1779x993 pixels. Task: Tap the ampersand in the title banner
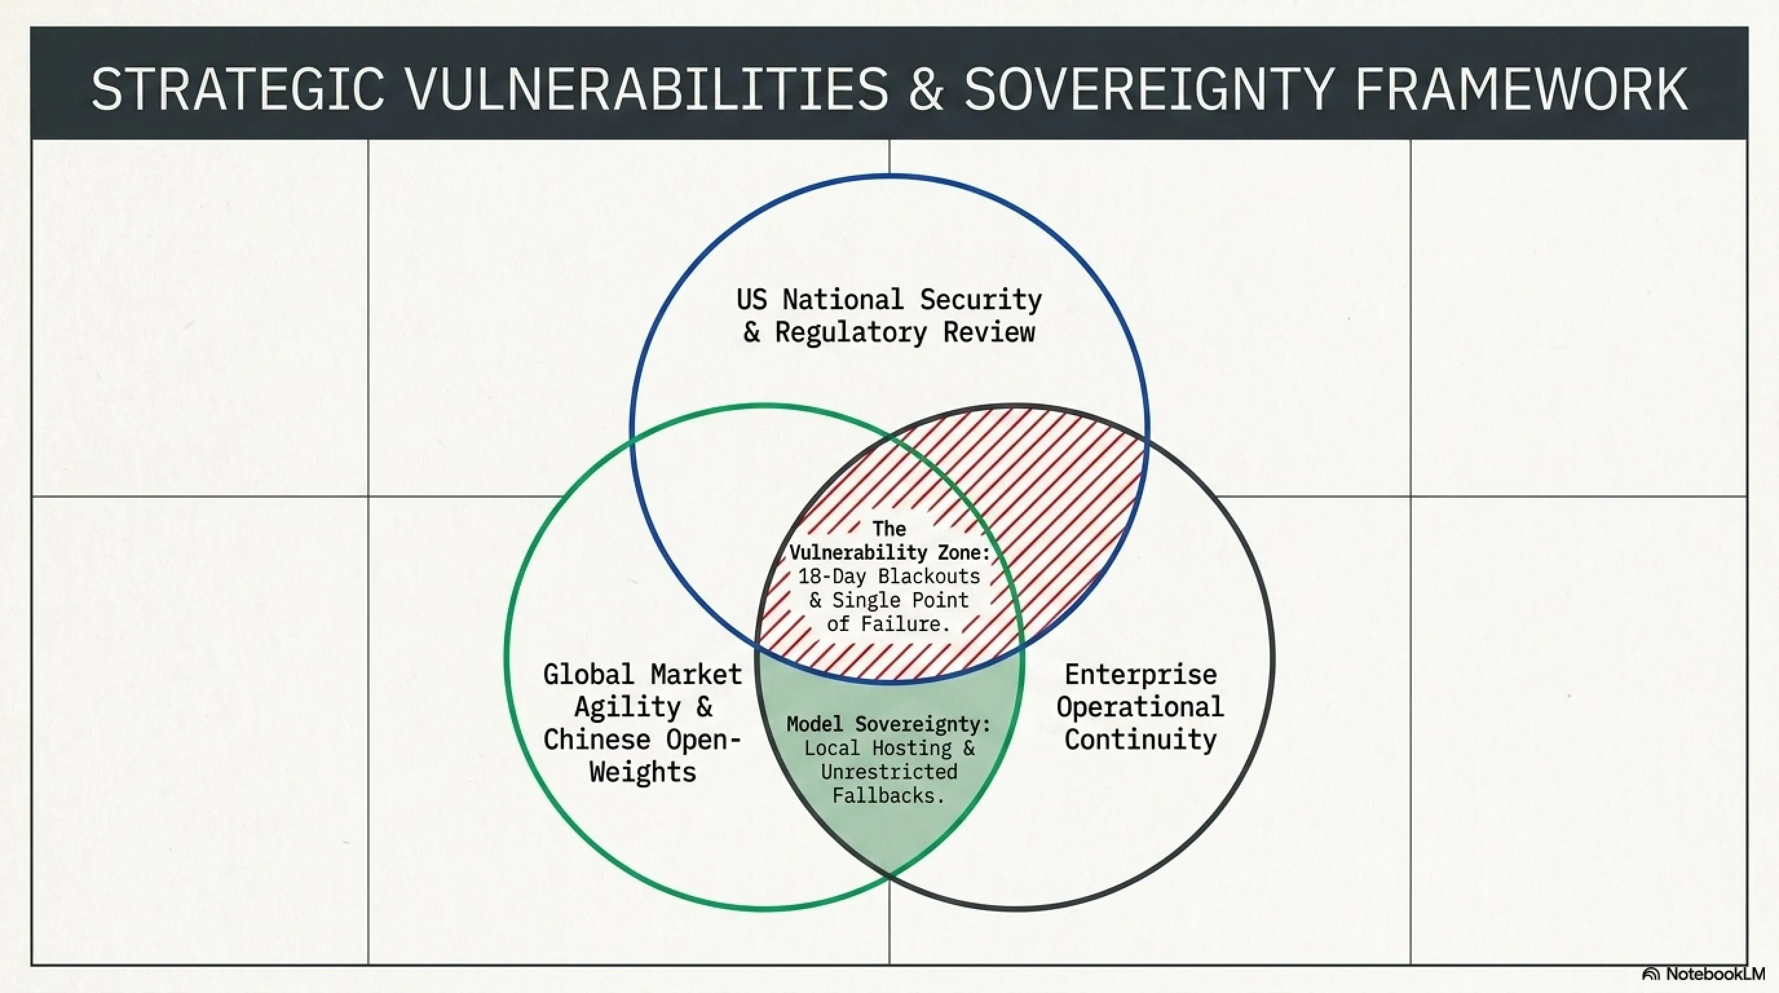(926, 89)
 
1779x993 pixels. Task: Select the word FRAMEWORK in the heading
(1522, 89)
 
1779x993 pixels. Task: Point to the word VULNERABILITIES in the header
(647, 89)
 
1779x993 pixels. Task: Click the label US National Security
(889, 300)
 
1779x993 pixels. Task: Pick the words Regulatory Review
(905, 332)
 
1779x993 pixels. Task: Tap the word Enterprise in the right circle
(1141, 674)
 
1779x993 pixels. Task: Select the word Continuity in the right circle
(1140, 740)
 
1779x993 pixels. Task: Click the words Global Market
(643, 674)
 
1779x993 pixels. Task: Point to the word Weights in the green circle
(643, 771)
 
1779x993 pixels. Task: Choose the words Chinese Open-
(643, 740)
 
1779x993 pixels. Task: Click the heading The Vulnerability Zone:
(889, 540)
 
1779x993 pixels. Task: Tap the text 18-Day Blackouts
(889, 576)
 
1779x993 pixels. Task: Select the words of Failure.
(889, 624)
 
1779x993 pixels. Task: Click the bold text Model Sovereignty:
(889, 724)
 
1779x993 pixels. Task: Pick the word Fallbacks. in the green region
(889, 796)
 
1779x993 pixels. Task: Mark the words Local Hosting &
(889, 748)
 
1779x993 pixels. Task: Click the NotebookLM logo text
(1714, 974)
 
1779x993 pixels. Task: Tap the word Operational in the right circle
(1140, 707)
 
